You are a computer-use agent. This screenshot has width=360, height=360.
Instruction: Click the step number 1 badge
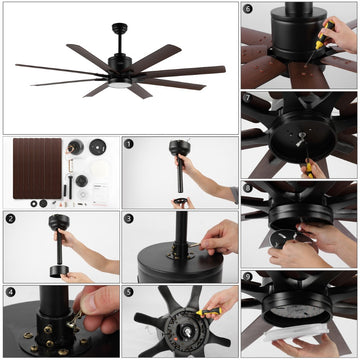click(x=129, y=144)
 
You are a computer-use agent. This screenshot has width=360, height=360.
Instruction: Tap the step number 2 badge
click(x=11, y=219)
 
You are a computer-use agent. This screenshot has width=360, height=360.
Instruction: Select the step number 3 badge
click(x=129, y=219)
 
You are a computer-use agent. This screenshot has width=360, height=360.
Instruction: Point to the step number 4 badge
click(x=11, y=292)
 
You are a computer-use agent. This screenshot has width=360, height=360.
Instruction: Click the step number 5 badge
click(x=129, y=292)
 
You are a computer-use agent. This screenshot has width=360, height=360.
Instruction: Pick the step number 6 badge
click(x=248, y=9)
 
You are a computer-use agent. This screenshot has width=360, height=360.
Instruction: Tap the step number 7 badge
click(x=248, y=98)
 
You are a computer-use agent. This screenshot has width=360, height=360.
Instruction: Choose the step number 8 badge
click(x=248, y=188)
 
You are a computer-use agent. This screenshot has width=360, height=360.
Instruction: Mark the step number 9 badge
click(x=248, y=277)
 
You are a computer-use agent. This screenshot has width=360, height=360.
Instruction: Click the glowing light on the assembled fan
click(x=120, y=85)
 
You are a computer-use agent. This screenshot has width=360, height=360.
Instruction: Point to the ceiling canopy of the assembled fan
click(x=120, y=28)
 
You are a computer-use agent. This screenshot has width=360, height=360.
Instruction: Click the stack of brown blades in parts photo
click(x=37, y=168)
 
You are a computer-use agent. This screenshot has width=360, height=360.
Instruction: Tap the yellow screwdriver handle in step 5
click(x=209, y=312)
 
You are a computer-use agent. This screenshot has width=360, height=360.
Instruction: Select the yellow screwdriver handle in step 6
click(x=324, y=35)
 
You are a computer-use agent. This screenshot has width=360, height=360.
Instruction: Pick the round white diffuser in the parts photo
click(x=100, y=170)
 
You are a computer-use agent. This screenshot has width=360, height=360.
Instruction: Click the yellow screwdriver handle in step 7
click(x=309, y=170)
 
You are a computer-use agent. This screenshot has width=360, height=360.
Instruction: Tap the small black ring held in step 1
click(x=180, y=202)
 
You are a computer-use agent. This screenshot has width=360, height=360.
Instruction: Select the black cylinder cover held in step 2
click(x=59, y=271)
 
